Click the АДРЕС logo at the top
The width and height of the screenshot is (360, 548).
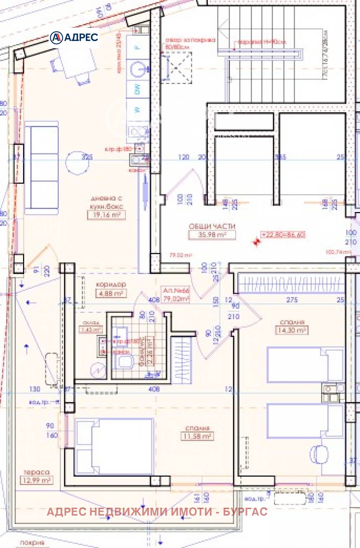coord(74,37)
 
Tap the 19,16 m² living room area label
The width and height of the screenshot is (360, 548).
coord(106,215)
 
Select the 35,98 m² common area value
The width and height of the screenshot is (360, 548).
coord(212,235)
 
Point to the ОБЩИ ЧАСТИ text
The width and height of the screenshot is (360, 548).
coord(212,226)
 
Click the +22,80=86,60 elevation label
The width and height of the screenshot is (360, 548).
coord(283,234)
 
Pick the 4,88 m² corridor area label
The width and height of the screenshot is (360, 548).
coord(111,293)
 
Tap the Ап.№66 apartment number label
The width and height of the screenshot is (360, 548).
coord(176,290)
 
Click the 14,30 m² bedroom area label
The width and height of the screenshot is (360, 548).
coord(292,330)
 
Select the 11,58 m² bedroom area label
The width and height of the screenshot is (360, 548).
coord(197,436)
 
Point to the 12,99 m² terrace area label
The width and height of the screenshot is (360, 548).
coord(36,480)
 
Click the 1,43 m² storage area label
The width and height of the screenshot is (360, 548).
coord(91,329)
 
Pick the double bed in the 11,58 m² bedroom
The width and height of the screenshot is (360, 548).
coord(114,447)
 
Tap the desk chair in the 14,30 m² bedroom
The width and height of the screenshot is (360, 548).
coord(320,454)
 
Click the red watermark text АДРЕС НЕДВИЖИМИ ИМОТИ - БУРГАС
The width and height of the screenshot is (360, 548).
coord(157,512)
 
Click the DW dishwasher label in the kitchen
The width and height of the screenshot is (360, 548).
coord(137,90)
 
